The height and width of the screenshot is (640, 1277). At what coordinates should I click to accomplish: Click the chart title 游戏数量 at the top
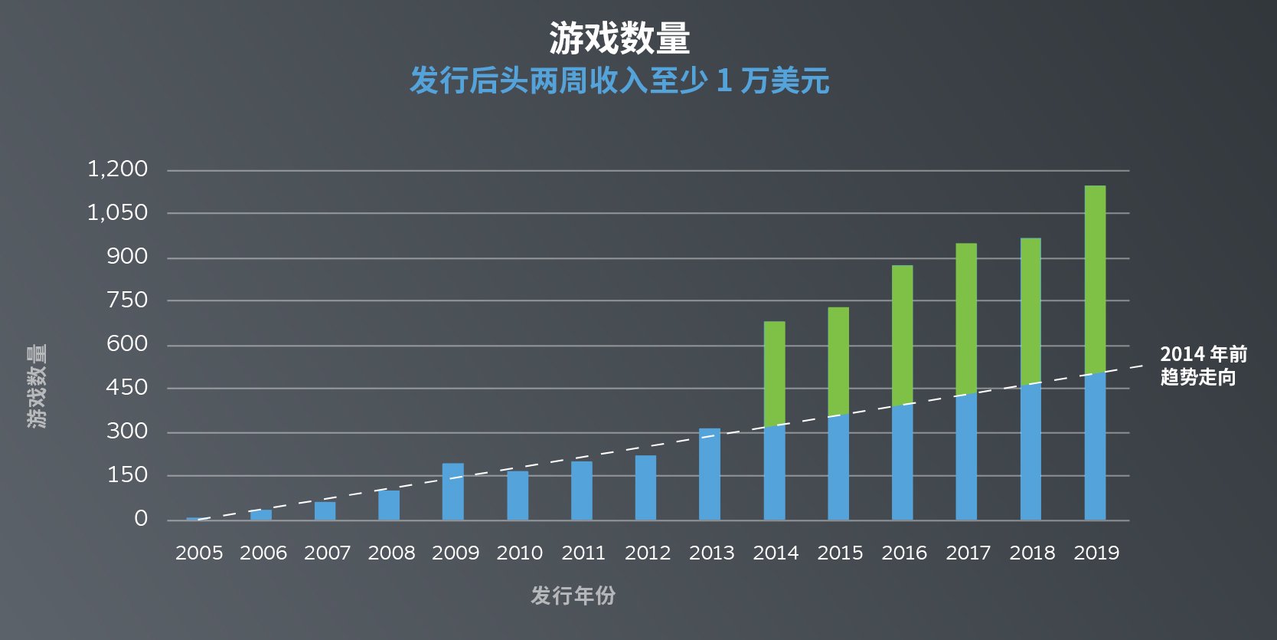click(619, 38)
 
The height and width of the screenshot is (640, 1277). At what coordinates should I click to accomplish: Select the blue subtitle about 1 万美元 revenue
click(619, 80)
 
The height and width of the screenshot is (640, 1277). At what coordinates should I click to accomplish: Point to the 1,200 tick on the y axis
click(117, 169)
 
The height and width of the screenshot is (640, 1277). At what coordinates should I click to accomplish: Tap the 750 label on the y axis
click(127, 300)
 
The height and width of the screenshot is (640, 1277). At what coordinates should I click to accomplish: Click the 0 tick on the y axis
click(141, 519)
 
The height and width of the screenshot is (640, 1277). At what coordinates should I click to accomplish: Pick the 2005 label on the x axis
click(199, 553)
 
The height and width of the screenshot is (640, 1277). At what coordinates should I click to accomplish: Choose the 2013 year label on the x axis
click(711, 553)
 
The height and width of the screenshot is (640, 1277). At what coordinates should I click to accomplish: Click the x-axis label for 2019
click(1096, 553)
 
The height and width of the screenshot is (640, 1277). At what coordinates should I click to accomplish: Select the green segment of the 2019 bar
click(1095, 280)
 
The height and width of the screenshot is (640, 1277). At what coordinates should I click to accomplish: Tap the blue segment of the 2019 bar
click(1095, 447)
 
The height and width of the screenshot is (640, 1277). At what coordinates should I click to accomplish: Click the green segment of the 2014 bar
click(774, 373)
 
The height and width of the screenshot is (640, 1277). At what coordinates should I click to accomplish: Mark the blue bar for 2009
click(453, 492)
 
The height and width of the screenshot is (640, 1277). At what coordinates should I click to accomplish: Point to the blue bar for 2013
click(710, 474)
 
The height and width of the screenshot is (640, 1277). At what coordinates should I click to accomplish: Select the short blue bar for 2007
click(325, 511)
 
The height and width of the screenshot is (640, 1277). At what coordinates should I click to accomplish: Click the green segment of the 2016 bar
click(902, 335)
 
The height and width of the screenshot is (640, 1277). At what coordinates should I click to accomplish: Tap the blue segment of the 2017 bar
click(966, 458)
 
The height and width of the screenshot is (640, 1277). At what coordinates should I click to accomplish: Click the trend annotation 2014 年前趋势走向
click(1203, 366)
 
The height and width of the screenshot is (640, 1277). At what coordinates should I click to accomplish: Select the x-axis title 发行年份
click(573, 596)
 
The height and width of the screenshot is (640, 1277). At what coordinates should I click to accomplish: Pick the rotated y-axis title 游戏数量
click(37, 386)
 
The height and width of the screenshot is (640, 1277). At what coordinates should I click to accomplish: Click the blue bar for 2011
click(582, 491)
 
